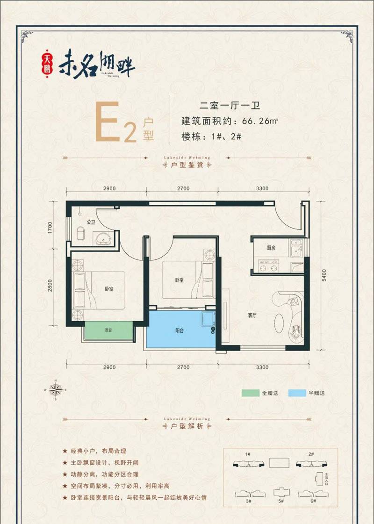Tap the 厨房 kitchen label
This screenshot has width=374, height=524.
coord(271,248)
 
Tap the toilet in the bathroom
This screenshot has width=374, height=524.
coord(80,232)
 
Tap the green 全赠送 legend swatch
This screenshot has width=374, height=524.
coord(251,393)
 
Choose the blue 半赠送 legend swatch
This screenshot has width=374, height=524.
coord(297,393)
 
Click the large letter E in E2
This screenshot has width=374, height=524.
coord(107,122)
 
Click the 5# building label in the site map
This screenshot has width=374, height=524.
coord(280,501)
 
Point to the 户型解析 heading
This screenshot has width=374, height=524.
coord(187,428)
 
